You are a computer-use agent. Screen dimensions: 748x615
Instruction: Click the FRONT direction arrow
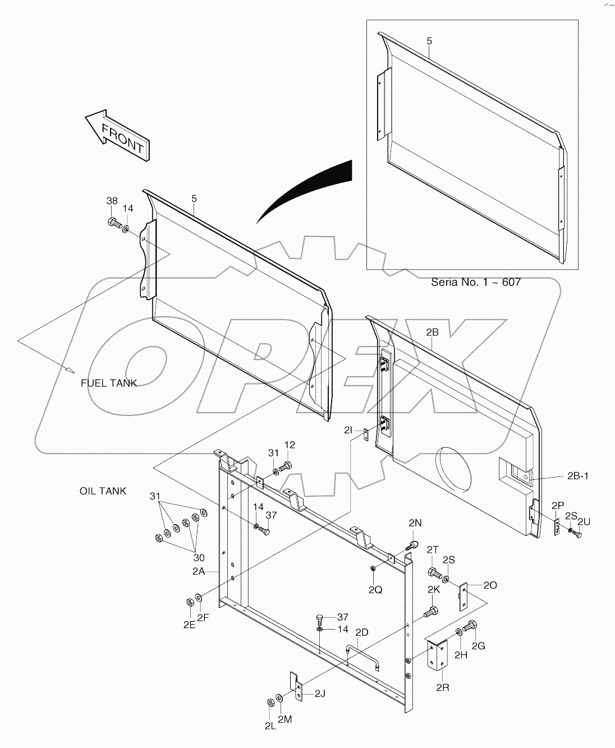pos(117,135)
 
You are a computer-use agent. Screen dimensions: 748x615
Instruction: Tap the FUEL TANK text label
pos(108,383)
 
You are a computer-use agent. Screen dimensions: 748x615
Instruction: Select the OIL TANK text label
pos(103,491)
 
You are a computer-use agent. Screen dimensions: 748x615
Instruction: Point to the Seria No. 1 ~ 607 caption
pos(475,282)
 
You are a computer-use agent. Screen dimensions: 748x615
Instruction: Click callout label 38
pos(112,201)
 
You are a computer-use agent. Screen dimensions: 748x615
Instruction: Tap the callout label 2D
pos(362,632)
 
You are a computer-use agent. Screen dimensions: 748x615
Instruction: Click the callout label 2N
pos(415,522)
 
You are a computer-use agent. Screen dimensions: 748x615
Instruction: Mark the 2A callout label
pos(199,571)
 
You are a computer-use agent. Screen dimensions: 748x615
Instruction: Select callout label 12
pos(290,445)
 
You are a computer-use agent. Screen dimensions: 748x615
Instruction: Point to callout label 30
pos(199,558)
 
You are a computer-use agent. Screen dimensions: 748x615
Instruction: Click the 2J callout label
pos(319,694)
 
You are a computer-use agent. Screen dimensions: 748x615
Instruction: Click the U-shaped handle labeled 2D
pos(363,655)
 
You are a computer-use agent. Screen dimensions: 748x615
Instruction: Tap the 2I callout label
pos(348,430)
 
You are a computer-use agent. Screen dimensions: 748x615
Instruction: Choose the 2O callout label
pos(490,586)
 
